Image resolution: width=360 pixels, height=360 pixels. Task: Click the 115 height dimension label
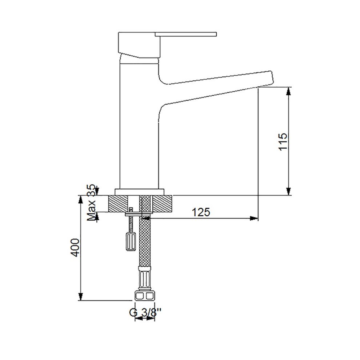point(283,141)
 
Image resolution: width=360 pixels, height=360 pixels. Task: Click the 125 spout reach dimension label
point(201,212)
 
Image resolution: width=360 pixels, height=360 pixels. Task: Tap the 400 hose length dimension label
point(75,248)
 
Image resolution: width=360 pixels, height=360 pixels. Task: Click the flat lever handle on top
point(186,34)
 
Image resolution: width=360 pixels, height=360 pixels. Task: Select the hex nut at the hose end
point(145,296)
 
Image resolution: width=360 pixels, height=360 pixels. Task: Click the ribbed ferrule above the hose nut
point(145,279)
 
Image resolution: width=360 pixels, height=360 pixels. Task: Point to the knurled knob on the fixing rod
point(131,242)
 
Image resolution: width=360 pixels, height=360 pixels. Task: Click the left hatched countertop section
point(117,204)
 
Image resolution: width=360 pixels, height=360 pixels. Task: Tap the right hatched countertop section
point(163,204)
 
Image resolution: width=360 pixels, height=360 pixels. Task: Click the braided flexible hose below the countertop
point(145,241)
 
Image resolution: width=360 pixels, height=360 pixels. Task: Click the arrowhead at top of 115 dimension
point(289,92)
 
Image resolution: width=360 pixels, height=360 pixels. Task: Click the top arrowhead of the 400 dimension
point(80,200)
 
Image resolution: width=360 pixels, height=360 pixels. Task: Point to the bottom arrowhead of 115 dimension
point(289,191)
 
